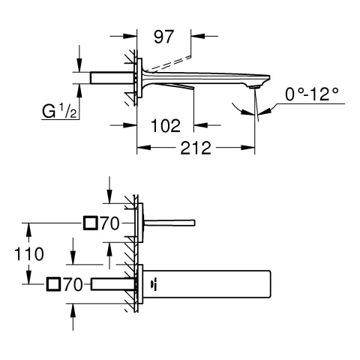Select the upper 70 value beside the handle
(x=109, y=223)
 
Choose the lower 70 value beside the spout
(x=73, y=284)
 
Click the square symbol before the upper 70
(x=91, y=223)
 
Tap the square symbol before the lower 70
(x=54, y=284)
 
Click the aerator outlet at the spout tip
(x=256, y=88)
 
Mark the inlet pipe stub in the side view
(x=111, y=78)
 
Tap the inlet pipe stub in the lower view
(x=112, y=284)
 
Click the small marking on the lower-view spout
(x=154, y=284)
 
